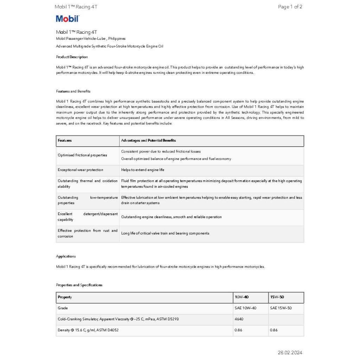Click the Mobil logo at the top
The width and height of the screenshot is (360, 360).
click(x=67, y=19)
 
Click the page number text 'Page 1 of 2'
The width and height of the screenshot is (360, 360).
click(x=290, y=7)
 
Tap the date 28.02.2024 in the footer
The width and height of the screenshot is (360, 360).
click(x=290, y=353)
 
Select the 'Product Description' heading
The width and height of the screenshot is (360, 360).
click(x=72, y=57)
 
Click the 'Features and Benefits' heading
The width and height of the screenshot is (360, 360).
click(x=73, y=91)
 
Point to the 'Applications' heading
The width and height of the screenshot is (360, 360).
click(x=66, y=256)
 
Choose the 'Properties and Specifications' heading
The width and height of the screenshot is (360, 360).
click(x=79, y=285)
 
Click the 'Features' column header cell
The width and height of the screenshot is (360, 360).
click(x=65, y=141)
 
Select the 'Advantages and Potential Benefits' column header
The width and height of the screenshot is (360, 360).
click(x=148, y=141)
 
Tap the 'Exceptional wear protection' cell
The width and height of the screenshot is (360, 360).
click(x=81, y=170)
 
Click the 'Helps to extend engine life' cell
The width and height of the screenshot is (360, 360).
click(x=143, y=170)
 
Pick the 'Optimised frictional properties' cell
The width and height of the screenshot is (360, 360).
click(x=82, y=155)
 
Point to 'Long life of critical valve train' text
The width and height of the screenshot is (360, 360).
click(x=165, y=233)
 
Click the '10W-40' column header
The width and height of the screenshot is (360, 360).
click(x=242, y=297)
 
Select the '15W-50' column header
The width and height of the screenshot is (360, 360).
click(x=277, y=297)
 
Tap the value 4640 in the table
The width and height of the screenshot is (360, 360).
click(x=239, y=319)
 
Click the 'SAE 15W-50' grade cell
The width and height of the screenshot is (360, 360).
click(x=281, y=308)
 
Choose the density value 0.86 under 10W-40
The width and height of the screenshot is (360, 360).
click(x=238, y=330)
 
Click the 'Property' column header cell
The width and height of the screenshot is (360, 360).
click(x=65, y=297)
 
